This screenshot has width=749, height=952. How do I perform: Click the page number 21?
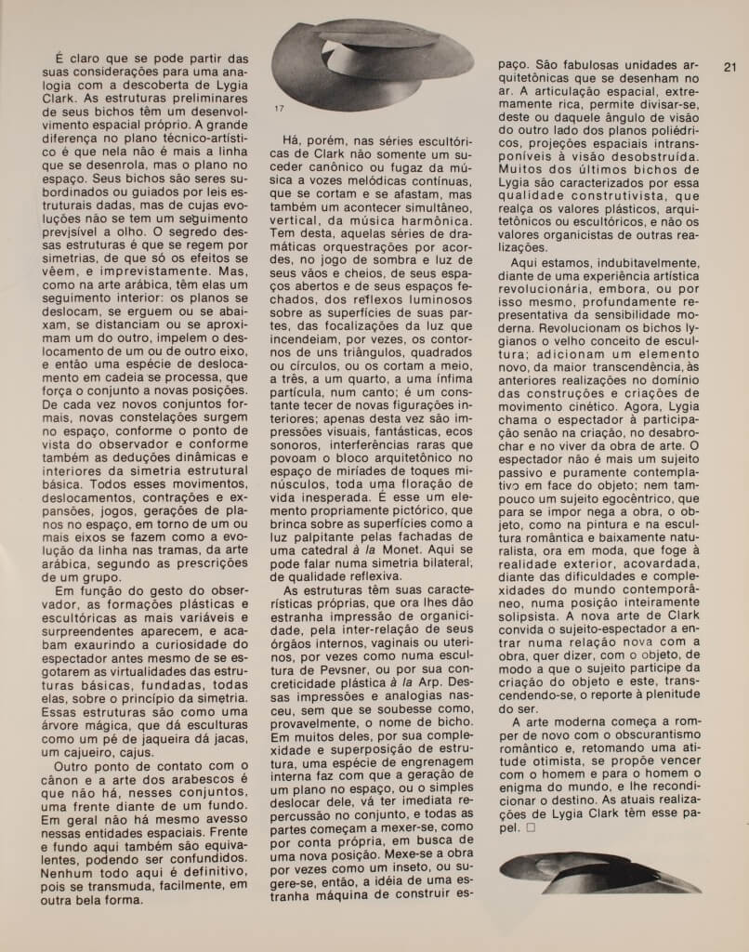tap(729, 66)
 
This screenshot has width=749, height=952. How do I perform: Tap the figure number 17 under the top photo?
tap(280, 110)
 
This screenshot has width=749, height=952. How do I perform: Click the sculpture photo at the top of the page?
tap(371, 61)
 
